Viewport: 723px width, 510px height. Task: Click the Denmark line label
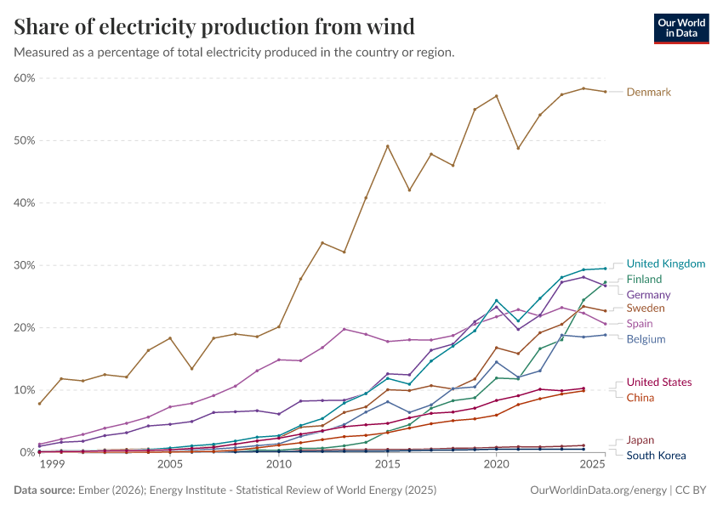(648, 92)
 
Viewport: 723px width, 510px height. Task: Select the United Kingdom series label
(665, 263)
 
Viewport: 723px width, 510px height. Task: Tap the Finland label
(644, 279)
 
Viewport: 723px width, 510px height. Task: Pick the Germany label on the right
(648, 295)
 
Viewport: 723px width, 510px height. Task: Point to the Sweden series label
(646, 308)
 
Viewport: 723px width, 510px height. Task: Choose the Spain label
(640, 324)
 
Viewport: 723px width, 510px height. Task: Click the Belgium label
(646, 339)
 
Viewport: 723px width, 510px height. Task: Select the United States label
(658, 382)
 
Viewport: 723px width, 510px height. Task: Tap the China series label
(640, 398)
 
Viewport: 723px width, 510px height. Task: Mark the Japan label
(640, 440)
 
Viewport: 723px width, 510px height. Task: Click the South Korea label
(656, 456)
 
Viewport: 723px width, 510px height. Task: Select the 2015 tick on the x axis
(388, 465)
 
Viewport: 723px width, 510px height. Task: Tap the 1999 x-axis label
(52, 465)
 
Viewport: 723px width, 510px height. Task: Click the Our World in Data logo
(680, 28)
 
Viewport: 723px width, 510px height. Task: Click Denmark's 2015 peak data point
(388, 146)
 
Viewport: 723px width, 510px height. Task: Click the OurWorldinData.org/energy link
(598, 490)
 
